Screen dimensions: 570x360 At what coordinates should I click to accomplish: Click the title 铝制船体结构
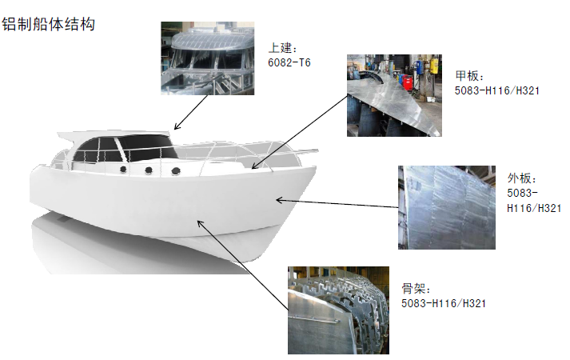48,25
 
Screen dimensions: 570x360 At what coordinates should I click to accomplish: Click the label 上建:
283,48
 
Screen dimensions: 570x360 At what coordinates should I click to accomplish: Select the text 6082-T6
289,63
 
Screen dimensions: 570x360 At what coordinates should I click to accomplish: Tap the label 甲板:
469,76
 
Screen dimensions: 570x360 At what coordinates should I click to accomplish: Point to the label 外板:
522,178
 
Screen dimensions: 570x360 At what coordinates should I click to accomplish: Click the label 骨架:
417,289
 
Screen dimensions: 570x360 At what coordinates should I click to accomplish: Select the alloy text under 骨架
444,303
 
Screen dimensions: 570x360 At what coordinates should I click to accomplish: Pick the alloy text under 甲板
497,90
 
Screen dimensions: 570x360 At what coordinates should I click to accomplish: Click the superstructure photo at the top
208,58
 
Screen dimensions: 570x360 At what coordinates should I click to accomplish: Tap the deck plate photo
394,96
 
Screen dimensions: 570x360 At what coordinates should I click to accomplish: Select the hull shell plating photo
447,208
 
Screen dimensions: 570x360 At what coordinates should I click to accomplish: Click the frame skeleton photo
338,310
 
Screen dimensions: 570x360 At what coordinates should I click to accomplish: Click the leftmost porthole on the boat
123,169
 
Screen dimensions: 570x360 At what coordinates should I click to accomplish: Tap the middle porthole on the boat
149,170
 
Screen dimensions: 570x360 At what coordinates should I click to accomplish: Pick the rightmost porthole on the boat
176,170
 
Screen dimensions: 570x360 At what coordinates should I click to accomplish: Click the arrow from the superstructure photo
191,112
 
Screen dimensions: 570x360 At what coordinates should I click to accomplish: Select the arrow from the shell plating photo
337,203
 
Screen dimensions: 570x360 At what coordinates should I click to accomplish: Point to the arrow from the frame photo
243,264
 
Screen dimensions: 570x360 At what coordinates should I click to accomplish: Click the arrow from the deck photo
300,132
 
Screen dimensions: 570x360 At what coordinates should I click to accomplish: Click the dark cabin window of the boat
124,149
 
